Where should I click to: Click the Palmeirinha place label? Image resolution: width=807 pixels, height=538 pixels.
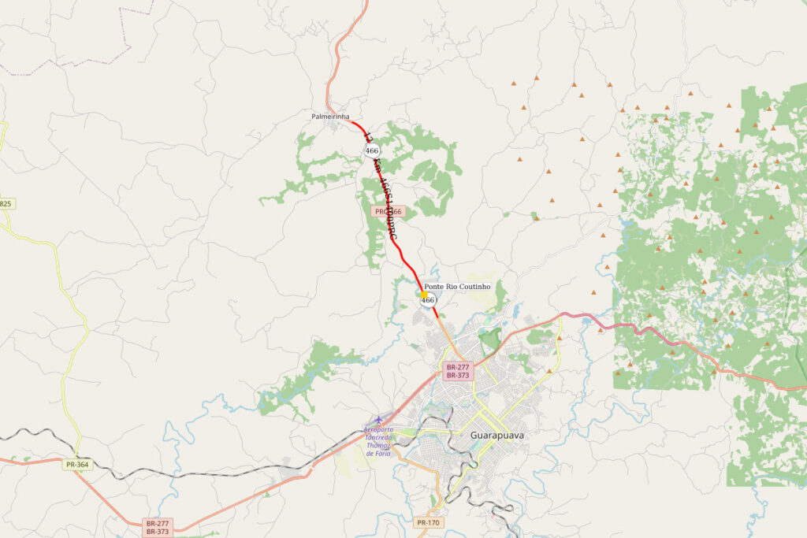(330, 117)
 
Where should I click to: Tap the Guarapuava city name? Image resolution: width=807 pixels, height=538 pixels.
(496, 435)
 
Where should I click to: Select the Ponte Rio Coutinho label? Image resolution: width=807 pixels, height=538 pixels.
(457, 287)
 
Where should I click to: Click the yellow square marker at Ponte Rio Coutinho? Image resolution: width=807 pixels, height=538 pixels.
(423, 295)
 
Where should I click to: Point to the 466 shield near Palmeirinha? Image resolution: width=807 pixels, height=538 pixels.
(372, 150)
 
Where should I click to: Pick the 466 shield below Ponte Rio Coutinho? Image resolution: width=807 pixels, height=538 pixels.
(428, 300)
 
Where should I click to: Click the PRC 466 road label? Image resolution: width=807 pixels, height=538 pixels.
(389, 211)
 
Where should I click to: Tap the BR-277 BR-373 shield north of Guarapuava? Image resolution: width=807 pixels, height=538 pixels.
(458, 371)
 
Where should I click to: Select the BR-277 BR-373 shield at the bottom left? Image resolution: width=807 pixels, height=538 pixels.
(158, 527)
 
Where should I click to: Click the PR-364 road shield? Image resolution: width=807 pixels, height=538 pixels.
(78, 465)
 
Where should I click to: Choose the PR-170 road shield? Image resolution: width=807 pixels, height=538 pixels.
(428, 522)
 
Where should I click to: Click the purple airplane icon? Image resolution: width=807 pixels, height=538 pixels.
(378, 419)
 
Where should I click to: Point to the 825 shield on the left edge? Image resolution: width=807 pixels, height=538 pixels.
(6, 204)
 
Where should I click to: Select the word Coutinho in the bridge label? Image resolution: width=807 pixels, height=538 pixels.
(474, 287)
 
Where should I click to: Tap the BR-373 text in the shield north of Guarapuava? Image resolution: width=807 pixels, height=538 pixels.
(458, 376)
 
